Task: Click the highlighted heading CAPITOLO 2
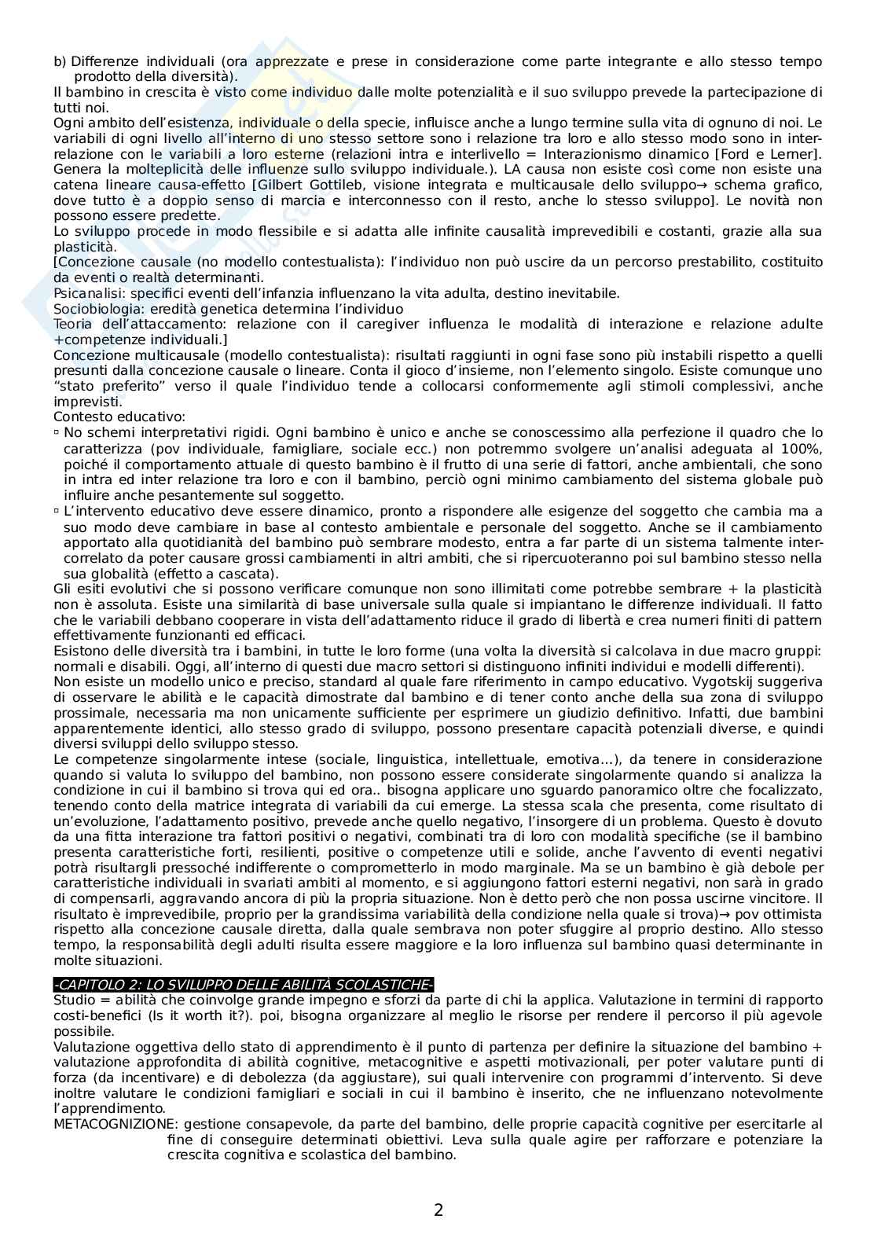pyautogui.click(x=244, y=986)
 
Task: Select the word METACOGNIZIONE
pyautogui.click(x=108, y=1124)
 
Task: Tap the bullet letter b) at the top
pyautogui.click(x=60, y=61)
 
